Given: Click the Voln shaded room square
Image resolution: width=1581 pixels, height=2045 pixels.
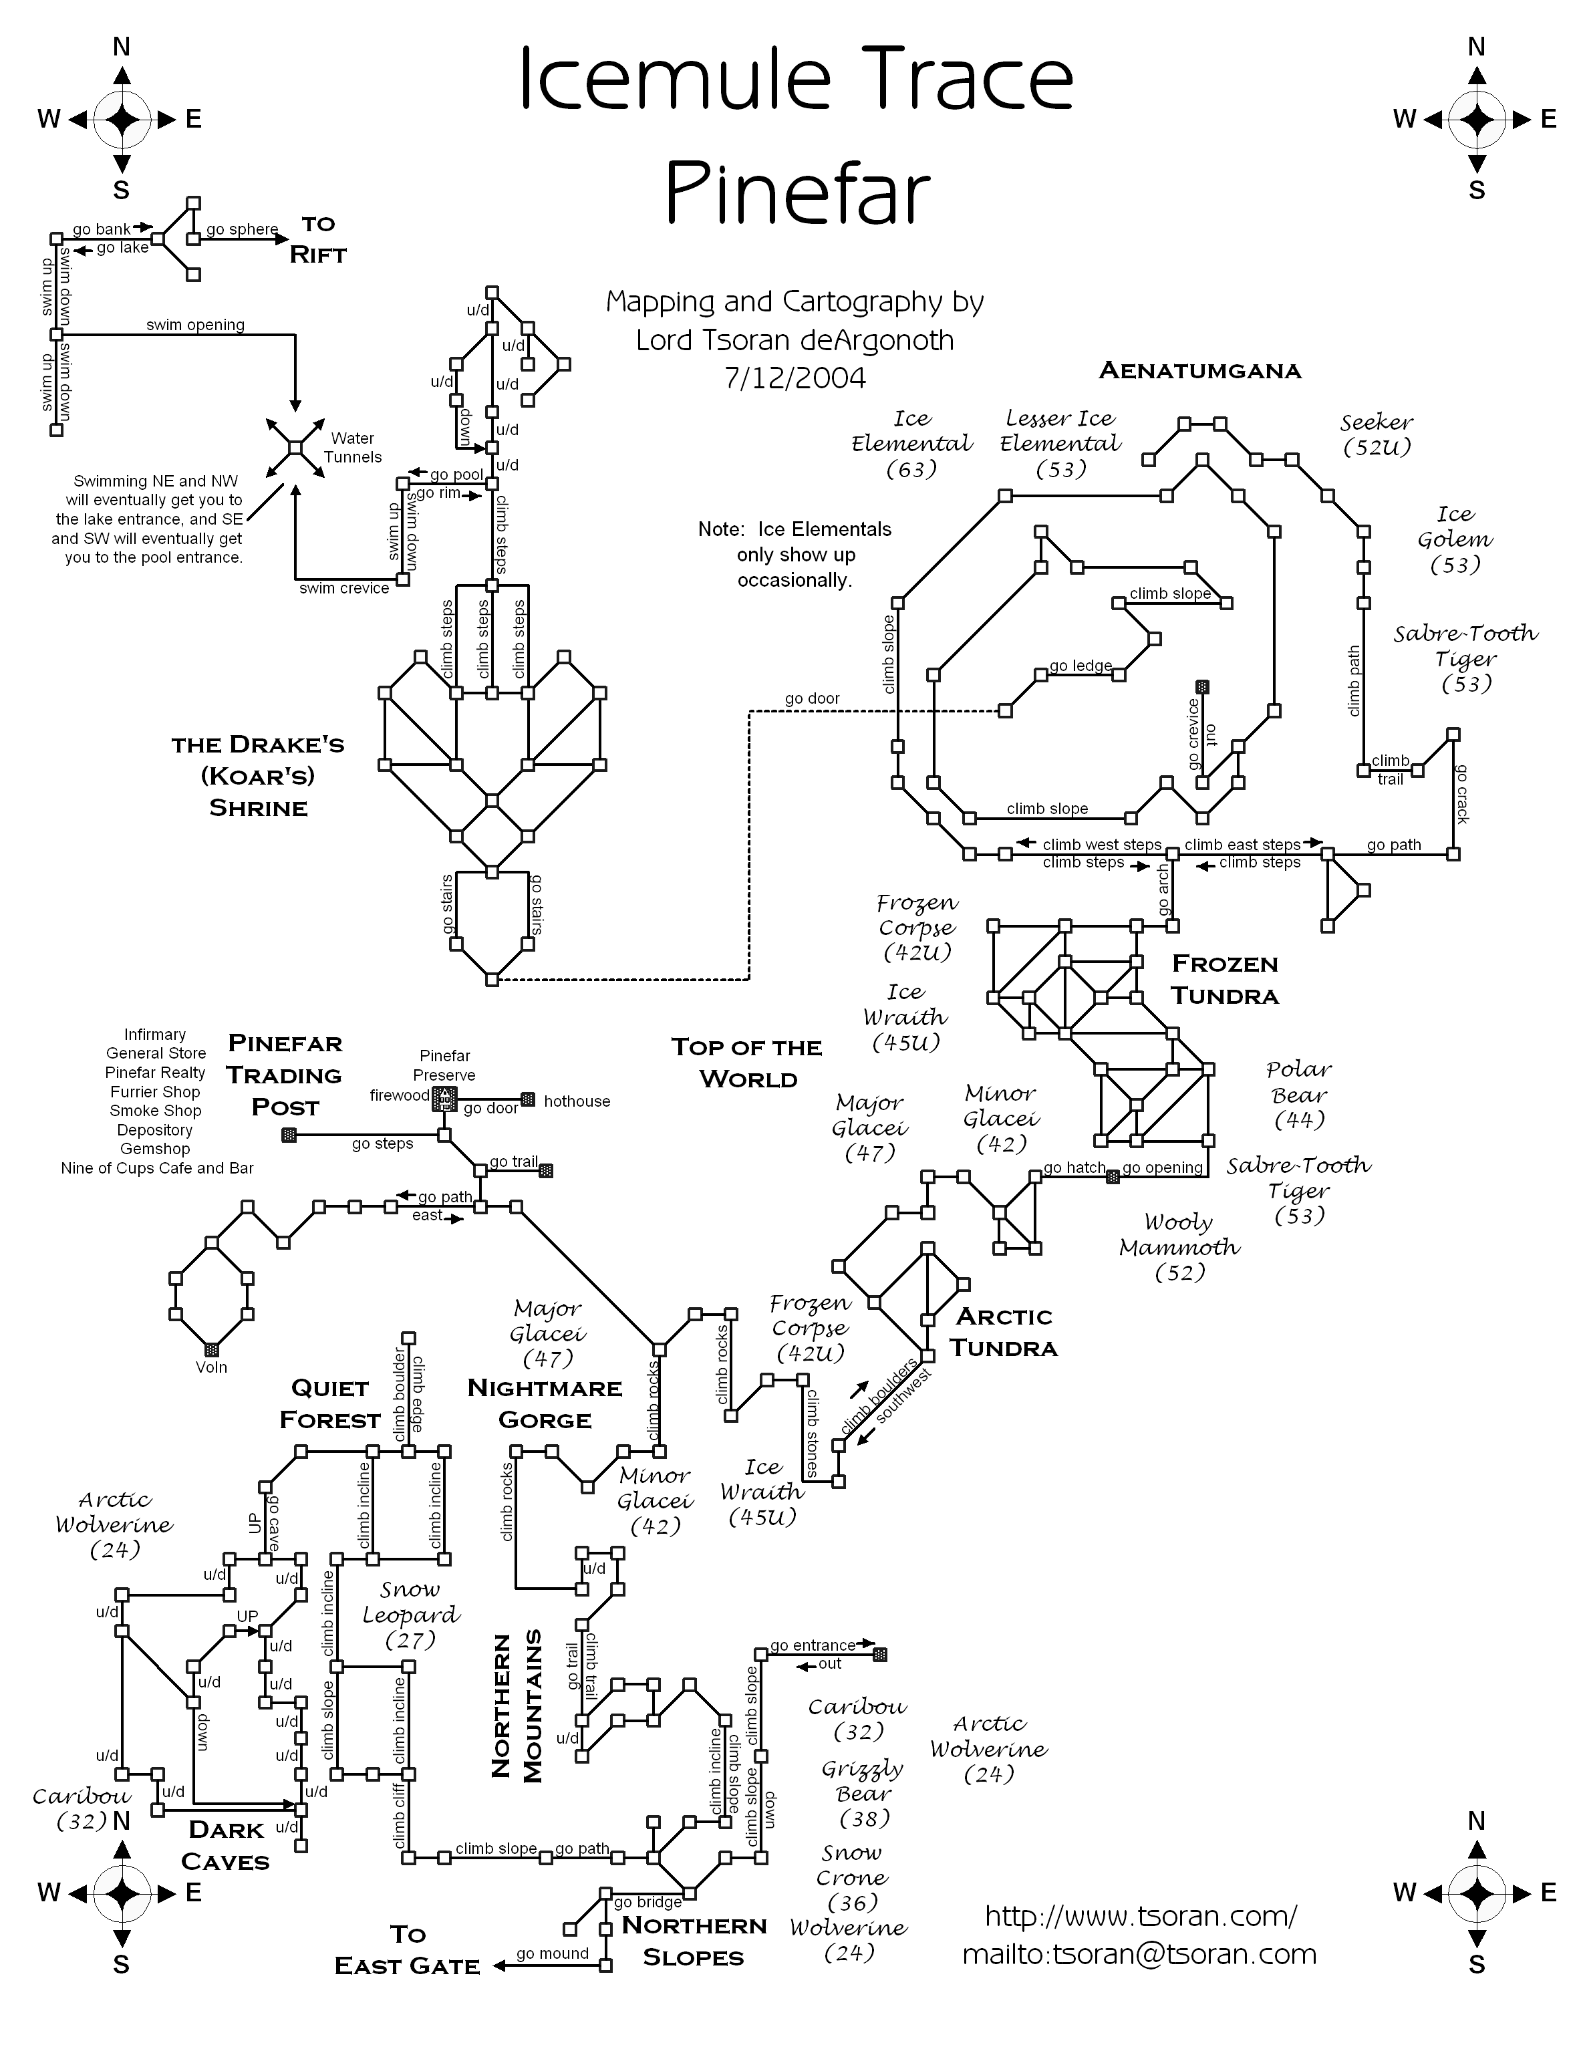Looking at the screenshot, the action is [x=212, y=1349].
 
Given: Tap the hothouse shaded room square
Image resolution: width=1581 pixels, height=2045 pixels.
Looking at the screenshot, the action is [x=528, y=1099].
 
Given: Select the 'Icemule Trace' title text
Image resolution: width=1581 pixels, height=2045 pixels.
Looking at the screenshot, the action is [x=796, y=80].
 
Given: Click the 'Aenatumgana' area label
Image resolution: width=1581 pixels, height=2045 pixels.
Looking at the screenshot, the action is [x=1200, y=371].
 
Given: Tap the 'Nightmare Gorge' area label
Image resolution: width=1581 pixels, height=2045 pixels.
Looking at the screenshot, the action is [x=545, y=1403].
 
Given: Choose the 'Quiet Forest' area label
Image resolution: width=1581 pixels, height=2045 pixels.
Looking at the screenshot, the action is [x=329, y=1403].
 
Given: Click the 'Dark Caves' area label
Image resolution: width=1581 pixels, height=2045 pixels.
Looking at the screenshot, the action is [x=226, y=1846].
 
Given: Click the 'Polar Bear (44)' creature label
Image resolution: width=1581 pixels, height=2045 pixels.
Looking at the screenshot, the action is [x=1299, y=1095].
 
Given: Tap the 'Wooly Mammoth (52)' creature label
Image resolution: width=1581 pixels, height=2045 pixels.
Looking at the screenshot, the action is [x=1179, y=1247].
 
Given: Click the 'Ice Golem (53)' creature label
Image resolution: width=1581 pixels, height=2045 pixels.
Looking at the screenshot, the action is [x=1455, y=539].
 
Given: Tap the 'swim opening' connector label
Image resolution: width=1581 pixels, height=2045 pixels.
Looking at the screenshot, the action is [x=196, y=325].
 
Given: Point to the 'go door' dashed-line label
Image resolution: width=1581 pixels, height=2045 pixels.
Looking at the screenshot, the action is [x=813, y=698].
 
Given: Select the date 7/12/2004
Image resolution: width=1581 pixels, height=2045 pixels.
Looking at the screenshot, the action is [x=795, y=378].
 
